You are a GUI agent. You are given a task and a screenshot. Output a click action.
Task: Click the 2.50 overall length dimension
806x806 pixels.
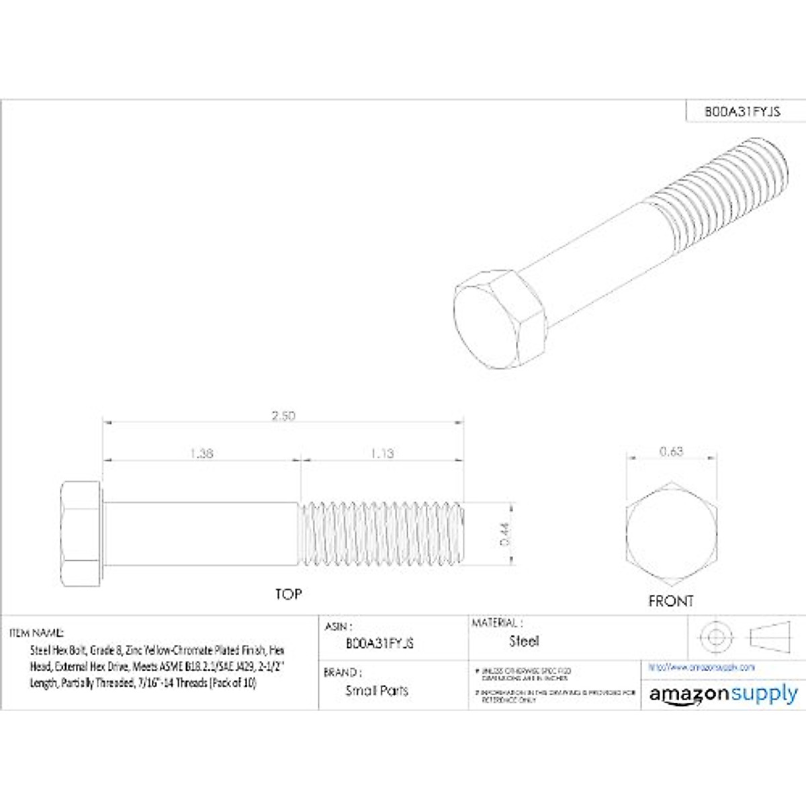[283, 416]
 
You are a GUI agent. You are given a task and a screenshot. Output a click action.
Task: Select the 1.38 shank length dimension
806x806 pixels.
[201, 453]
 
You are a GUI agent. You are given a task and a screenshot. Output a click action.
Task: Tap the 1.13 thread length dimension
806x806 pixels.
[382, 453]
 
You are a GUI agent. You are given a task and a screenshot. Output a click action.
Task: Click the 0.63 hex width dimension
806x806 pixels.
[671, 451]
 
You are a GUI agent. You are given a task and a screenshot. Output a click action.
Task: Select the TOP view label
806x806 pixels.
[288, 594]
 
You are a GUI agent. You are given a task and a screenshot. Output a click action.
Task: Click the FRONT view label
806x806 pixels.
[671, 601]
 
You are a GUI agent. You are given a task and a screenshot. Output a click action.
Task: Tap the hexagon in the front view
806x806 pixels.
[671, 534]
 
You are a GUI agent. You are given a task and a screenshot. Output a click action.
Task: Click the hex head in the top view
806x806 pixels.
[81, 534]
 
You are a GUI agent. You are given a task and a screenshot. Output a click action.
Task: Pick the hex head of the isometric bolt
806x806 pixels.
[497, 319]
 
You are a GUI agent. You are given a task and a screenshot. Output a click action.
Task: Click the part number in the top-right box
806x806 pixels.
[742, 111]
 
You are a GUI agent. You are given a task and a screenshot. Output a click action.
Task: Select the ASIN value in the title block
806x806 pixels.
[379, 643]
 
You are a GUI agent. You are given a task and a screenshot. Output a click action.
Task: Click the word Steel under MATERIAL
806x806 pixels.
[524, 641]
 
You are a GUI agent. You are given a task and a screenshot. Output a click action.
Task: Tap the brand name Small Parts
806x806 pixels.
[376, 690]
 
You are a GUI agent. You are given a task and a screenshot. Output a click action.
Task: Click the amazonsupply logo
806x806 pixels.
[723, 695]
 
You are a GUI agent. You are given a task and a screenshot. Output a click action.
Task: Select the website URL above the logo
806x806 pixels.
[702, 667]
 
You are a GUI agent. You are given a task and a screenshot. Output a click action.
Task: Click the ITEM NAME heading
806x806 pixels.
[37, 633]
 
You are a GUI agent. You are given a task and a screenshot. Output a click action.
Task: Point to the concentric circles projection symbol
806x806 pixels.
[714, 635]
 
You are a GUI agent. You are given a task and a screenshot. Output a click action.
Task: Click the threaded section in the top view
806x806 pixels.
[382, 534]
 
